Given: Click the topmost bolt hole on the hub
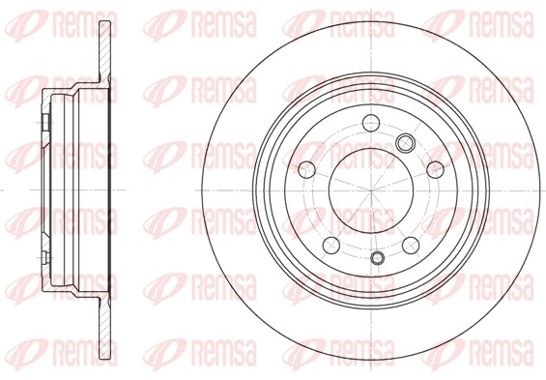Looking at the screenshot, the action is click(371, 123).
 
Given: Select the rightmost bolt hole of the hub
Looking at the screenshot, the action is click(435, 169).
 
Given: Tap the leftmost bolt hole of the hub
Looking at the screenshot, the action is click(306, 169).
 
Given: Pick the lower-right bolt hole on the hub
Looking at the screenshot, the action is click(411, 246).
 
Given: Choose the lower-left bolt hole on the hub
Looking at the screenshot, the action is click(331, 246).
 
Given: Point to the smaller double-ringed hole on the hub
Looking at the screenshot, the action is click(377, 257).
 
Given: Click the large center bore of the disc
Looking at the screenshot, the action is click(371, 190).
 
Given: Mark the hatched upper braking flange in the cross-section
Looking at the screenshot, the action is click(105, 52).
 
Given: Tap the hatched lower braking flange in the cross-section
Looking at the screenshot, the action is click(105, 328).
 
